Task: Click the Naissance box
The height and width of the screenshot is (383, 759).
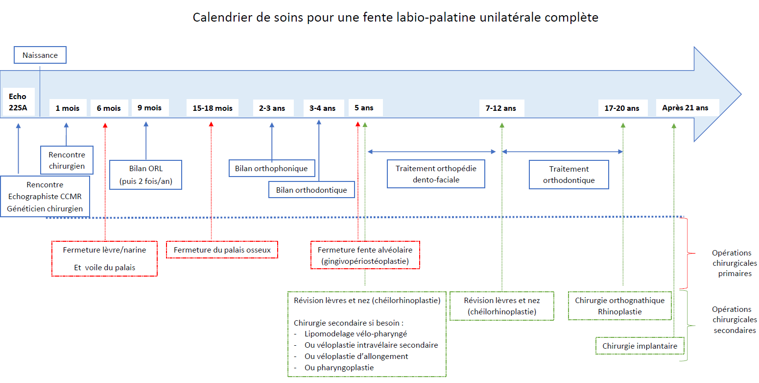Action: (x=40, y=55)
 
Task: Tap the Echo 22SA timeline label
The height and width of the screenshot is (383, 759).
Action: (x=18, y=102)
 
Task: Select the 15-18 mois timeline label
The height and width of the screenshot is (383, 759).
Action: (x=213, y=108)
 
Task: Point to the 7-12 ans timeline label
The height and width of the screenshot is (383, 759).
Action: (x=501, y=108)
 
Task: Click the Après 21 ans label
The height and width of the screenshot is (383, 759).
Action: (x=685, y=107)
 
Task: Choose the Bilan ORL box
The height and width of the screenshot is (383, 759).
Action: (x=146, y=175)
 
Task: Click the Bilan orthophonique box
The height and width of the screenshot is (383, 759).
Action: (x=272, y=168)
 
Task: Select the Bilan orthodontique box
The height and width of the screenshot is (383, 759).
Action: (x=311, y=190)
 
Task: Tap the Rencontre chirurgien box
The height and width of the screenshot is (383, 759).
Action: (x=67, y=160)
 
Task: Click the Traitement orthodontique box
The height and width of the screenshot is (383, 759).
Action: (x=569, y=175)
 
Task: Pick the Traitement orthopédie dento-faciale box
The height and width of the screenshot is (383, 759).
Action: (x=436, y=174)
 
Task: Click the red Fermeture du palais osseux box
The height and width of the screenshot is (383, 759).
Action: (x=222, y=250)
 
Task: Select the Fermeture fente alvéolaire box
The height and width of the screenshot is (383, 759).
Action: (x=365, y=255)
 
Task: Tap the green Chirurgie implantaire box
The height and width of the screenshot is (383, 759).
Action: (x=640, y=346)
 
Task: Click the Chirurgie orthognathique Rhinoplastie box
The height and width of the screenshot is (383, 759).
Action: (x=620, y=306)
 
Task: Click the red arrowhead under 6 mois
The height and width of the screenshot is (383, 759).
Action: (x=105, y=126)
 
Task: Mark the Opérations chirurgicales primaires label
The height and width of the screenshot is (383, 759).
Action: (x=735, y=263)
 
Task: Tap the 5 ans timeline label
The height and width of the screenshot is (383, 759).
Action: (x=364, y=107)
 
